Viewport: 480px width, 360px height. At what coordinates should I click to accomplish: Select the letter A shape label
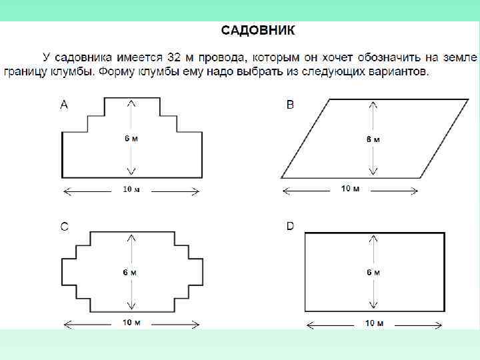coord(64,104)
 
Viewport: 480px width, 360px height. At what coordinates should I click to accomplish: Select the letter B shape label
coord(290,105)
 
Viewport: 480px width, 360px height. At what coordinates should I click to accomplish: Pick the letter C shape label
coord(64,227)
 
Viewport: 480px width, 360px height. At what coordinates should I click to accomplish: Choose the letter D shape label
coord(290,227)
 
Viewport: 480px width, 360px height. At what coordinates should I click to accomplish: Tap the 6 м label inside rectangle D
coord(373,272)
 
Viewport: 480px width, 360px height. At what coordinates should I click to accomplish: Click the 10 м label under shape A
coord(131,189)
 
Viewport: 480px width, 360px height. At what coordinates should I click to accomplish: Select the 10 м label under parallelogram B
coord(350,189)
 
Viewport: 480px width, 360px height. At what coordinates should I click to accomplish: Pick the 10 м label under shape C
coord(131,323)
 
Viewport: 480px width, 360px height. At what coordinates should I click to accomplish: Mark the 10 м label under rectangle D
coord(374,323)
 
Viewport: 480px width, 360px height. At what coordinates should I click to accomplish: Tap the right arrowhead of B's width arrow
coord(415,192)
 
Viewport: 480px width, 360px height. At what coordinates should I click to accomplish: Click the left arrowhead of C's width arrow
coord(67,326)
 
